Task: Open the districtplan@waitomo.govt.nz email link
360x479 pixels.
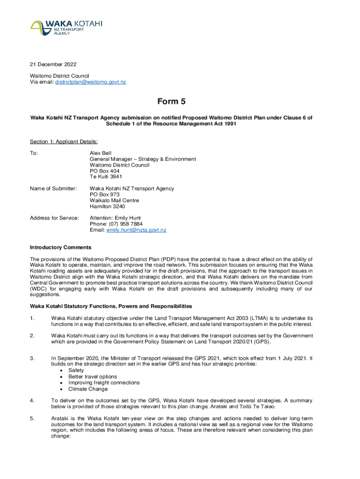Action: point(91,82)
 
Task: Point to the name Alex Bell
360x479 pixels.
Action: point(101,153)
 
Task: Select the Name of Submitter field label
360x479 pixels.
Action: point(53,189)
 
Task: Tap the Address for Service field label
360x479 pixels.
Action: point(54,218)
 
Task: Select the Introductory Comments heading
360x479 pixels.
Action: point(60,247)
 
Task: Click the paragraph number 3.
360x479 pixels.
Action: point(32,358)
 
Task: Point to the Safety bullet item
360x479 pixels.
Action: point(76,370)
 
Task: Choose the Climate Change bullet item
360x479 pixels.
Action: point(88,389)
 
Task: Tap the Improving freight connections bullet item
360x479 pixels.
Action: point(104,383)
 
